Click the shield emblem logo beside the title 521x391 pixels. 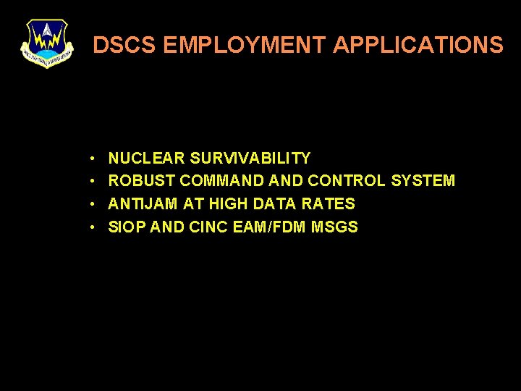(x=47, y=43)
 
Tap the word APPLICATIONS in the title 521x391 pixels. (x=418, y=46)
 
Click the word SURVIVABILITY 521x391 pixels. (x=250, y=158)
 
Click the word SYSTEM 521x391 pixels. (x=423, y=181)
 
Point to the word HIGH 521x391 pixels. (x=228, y=204)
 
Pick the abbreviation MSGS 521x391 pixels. (x=334, y=227)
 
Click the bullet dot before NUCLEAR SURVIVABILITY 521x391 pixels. (x=94, y=159)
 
